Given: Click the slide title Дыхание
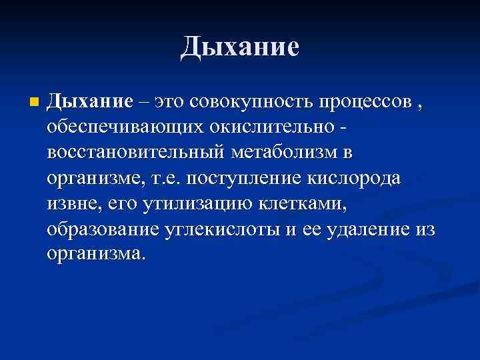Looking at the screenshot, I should click(240, 48).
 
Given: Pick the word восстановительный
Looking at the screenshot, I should click(137, 153).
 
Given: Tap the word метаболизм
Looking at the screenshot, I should click(283, 153).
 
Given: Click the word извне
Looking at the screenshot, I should click(70, 203).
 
